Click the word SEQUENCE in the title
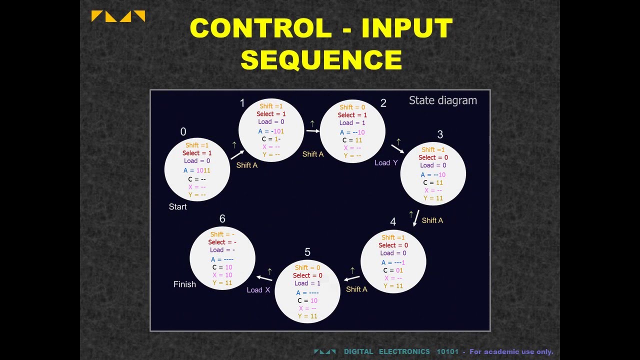tap(321, 59)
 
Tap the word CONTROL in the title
tap(260, 28)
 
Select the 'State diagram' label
tap(442, 100)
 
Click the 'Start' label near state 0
tap(177, 207)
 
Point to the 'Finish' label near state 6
tap(184, 284)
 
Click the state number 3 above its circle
tap(440, 134)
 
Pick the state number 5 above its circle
tap(307, 252)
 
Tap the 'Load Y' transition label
tap(386, 162)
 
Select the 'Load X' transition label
tap(258, 290)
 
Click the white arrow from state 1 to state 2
tap(312, 131)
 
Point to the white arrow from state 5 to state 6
tap(265, 278)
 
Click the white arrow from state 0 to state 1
tap(237, 154)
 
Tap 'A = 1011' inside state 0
tap(197, 170)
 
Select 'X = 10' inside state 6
tap(222, 275)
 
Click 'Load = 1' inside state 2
tap(352, 123)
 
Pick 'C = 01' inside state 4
tap(393, 270)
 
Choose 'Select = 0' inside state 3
tap(433, 157)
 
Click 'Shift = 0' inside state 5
tap(307, 267)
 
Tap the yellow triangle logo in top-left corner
tap(118, 16)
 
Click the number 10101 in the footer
tap(447, 351)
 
